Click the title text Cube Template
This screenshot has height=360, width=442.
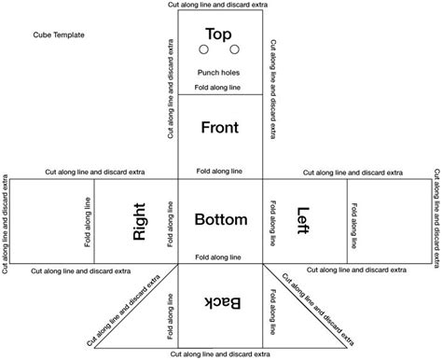[x=58, y=35]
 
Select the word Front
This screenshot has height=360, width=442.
[x=220, y=129]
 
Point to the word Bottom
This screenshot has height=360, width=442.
[x=220, y=220]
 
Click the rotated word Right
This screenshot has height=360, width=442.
[x=141, y=222]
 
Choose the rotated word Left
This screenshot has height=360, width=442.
[x=303, y=220]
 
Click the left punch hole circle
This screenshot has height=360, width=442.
[x=206, y=50]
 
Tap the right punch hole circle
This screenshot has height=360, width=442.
[x=235, y=50]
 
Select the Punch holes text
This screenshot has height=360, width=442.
[x=220, y=73]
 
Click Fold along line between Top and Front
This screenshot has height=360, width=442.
[x=220, y=88]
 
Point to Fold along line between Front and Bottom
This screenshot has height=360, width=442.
[x=220, y=173]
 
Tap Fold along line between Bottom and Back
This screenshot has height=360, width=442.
[x=220, y=255]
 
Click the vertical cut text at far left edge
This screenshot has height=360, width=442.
[x=7, y=221]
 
